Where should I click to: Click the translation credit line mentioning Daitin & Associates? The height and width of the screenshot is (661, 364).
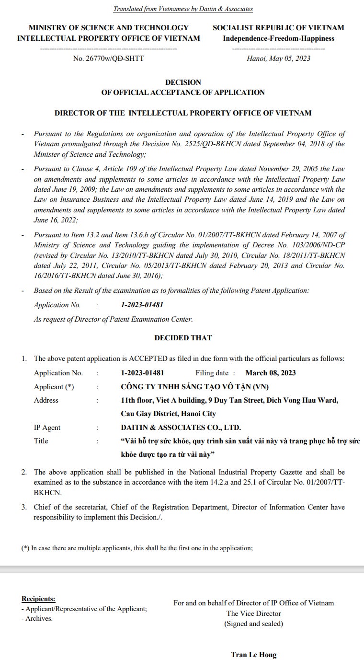pyautogui.click(x=183, y=9)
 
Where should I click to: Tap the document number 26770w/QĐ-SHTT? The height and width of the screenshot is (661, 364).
pyautogui.click(x=108, y=58)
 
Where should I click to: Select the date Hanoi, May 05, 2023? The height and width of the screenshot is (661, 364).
pyautogui.click(x=278, y=58)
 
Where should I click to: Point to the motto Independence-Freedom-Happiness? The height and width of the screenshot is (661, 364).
pyautogui.click(x=278, y=38)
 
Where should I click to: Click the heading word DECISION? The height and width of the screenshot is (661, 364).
pyautogui.click(x=183, y=82)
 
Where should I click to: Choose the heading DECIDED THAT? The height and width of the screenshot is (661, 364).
pyautogui.click(x=183, y=338)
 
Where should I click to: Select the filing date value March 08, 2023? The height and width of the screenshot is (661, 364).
pyautogui.click(x=270, y=373)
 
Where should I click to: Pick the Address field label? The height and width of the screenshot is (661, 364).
pyautogui.click(x=46, y=400)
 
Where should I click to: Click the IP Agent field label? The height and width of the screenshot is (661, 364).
pyautogui.click(x=47, y=428)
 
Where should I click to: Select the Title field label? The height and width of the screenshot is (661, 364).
pyautogui.click(x=41, y=441)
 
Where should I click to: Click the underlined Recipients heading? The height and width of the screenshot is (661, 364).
pyautogui.click(x=38, y=599)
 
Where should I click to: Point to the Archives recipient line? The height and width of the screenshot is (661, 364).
pyautogui.click(x=37, y=618)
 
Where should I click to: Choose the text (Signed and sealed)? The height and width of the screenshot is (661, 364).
pyautogui.click(x=253, y=624)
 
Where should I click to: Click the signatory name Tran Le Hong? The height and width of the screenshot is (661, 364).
pyautogui.click(x=253, y=655)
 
